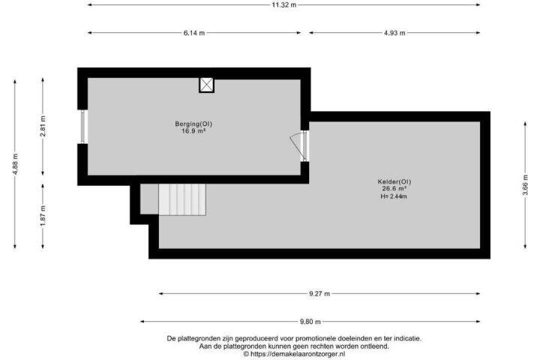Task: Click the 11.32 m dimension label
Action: coord(283,4)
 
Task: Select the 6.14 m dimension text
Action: coord(194,33)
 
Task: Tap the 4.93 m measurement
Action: coord(394,33)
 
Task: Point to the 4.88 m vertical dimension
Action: coord(15,164)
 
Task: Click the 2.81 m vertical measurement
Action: coord(43,127)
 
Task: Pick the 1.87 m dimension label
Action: coord(43,216)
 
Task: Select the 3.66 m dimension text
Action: coord(525,185)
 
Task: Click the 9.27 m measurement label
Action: coord(319,294)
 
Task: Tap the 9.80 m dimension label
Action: coord(310,322)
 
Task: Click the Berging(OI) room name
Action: coord(193,124)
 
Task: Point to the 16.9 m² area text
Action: coord(193,130)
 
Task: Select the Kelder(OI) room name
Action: coord(394,181)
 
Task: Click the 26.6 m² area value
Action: coord(394,188)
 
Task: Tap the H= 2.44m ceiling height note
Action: coord(394,196)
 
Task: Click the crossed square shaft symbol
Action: coord(207,85)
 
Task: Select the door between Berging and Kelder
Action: coord(299,145)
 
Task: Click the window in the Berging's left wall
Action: coord(82,127)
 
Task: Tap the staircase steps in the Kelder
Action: coord(182,199)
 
